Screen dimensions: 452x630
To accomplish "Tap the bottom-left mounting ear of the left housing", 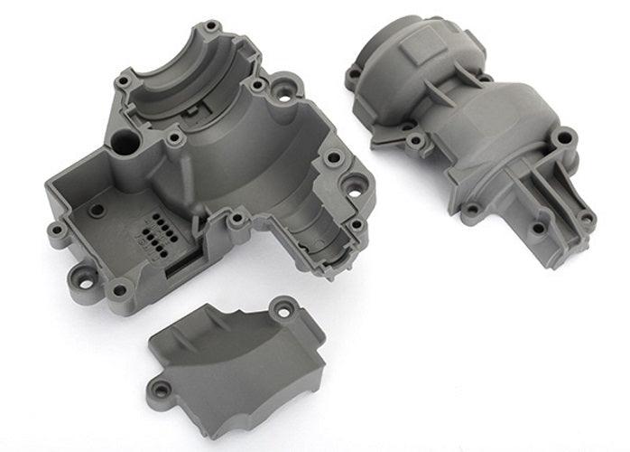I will [117, 289].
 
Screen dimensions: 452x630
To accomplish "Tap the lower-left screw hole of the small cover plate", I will [163, 389].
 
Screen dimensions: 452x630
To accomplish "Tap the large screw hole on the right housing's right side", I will [565, 139].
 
